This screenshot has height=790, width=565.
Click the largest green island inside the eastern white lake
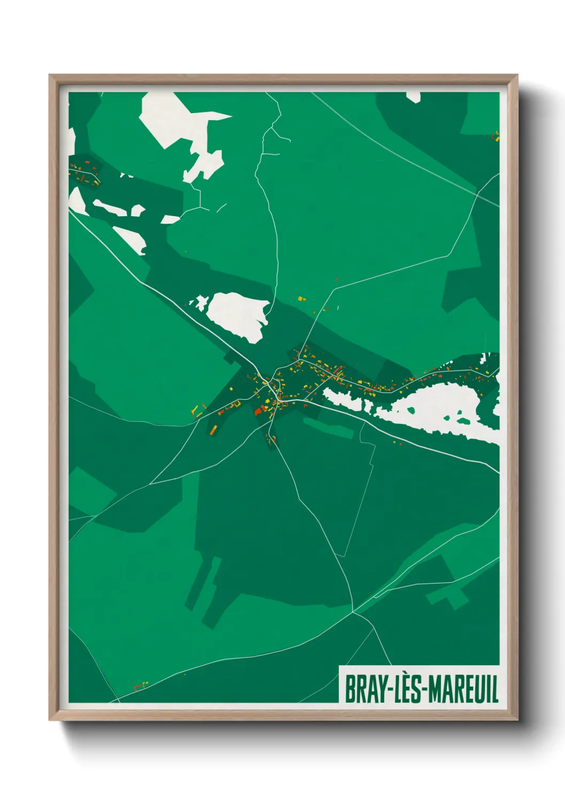[x=464, y=421]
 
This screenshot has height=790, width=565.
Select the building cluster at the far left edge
[x=84, y=172]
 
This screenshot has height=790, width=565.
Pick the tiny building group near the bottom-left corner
[x=141, y=685]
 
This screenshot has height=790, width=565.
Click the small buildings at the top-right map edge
[x=496, y=136]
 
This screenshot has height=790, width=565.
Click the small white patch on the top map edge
[x=413, y=96]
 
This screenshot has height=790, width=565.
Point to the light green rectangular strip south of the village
[x=328, y=428]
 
